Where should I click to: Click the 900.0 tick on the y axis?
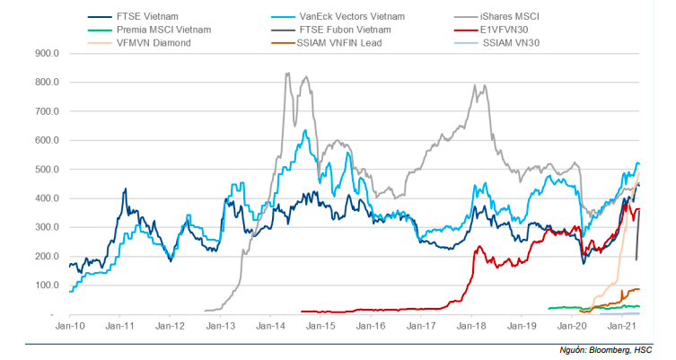[45, 53]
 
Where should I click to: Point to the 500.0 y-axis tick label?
[45, 170]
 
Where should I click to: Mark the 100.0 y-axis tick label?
[45, 285]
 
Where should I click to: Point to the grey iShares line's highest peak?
[287, 74]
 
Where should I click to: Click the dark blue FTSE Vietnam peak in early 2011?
[125, 189]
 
